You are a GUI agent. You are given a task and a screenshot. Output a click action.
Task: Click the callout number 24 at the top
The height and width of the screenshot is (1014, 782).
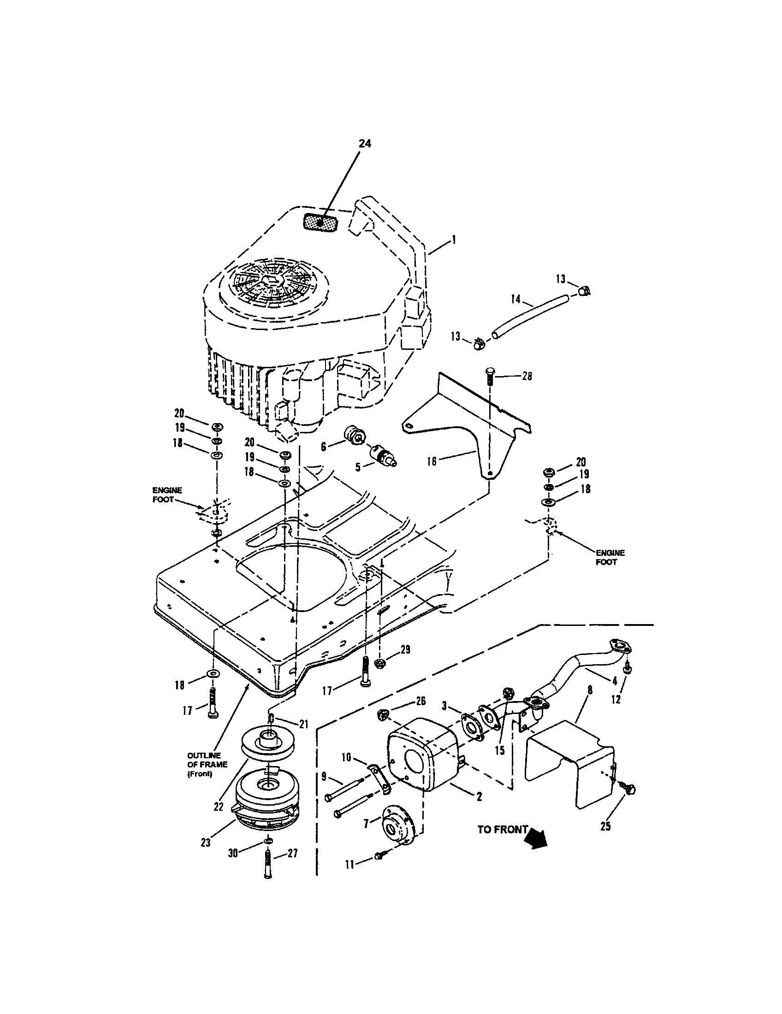(x=365, y=143)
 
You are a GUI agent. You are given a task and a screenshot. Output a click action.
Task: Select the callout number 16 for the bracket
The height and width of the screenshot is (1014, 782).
(x=432, y=461)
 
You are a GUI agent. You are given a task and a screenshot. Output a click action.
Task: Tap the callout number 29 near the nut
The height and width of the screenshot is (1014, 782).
(x=405, y=649)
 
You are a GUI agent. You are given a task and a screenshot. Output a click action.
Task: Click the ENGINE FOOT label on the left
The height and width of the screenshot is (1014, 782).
(x=167, y=495)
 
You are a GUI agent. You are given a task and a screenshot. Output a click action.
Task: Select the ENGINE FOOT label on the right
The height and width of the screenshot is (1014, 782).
(x=610, y=557)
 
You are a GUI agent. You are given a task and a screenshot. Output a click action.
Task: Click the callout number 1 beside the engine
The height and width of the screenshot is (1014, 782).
(x=454, y=240)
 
